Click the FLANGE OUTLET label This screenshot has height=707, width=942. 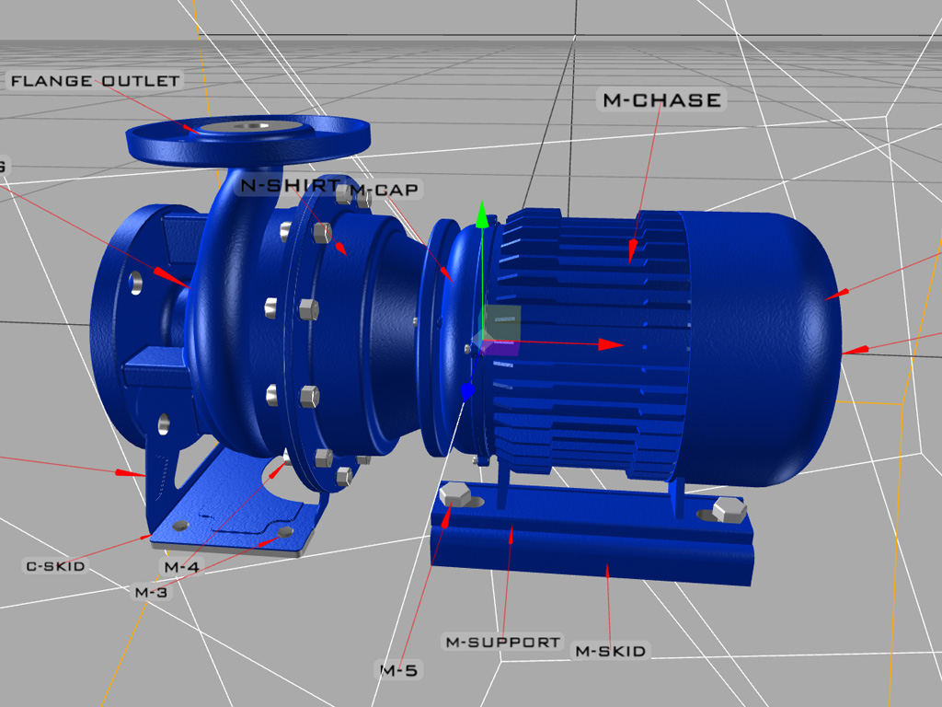coord(95,81)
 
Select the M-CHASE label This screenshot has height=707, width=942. coord(661,100)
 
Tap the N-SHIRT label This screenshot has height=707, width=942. coord(290,185)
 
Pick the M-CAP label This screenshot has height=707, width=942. coord(385,191)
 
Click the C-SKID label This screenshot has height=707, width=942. coord(55,565)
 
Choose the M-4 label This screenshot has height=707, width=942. coord(181,566)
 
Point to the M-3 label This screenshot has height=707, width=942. coord(152,592)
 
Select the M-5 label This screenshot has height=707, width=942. coord(398,670)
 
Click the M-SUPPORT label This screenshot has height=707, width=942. coord(502,642)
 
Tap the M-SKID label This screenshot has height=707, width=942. coord(610,651)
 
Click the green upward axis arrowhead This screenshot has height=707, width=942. coord(480,217)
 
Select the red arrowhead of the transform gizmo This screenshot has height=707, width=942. coord(611,344)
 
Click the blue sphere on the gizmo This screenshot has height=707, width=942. coord(467,391)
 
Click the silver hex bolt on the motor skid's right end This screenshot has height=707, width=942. coord(729,509)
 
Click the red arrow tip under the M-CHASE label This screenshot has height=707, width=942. coord(633,250)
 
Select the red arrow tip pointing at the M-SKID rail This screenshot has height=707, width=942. coord(607,570)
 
